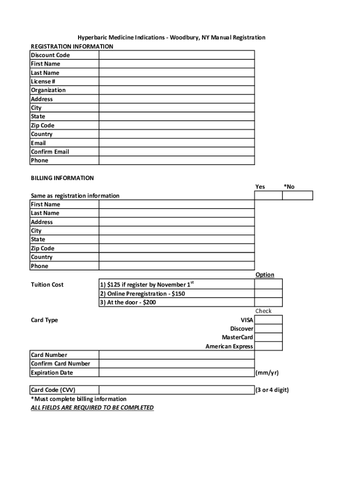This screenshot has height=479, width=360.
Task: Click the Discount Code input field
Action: (x=176, y=55)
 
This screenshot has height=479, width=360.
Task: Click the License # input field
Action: (x=176, y=81)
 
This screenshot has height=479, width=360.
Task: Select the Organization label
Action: (x=48, y=90)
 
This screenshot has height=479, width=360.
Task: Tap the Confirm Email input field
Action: (x=176, y=152)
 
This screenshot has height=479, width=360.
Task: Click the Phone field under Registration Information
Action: (x=176, y=160)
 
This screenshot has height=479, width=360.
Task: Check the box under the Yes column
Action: (x=268, y=196)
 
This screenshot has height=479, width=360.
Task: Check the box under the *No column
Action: (x=297, y=196)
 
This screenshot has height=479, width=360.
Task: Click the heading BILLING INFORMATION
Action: (x=62, y=178)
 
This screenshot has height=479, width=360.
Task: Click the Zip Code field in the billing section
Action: (x=176, y=248)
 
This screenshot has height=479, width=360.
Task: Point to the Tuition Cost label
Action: (x=47, y=285)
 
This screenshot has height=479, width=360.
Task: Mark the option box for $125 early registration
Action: (x=268, y=284)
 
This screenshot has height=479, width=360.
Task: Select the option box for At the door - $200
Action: (x=268, y=302)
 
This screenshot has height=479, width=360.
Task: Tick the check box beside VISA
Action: (x=268, y=320)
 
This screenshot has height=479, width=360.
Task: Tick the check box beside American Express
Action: (x=268, y=346)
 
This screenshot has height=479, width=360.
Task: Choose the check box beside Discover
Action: (x=268, y=329)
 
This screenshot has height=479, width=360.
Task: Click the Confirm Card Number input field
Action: (x=176, y=364)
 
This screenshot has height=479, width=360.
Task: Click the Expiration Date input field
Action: (x=176, y=373)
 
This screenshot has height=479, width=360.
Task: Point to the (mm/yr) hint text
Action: (x=267, y=373)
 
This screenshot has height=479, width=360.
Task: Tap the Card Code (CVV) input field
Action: (x=176, y=390)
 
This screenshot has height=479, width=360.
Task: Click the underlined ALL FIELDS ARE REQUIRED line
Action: (x=92, y=408)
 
